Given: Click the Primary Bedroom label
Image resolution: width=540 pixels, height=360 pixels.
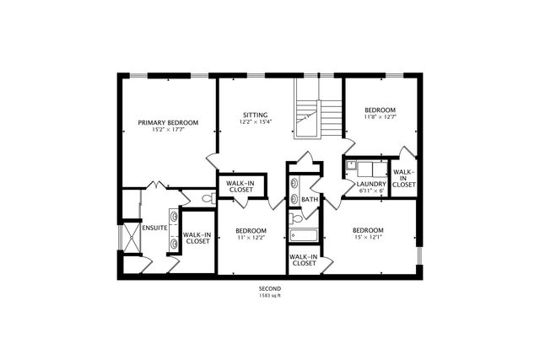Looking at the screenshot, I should [167, 121].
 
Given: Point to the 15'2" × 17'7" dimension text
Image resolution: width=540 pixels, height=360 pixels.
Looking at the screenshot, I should [167, 130].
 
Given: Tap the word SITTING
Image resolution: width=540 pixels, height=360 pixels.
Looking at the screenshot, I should [256, 115].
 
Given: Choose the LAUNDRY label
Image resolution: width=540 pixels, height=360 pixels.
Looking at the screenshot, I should [370, 184].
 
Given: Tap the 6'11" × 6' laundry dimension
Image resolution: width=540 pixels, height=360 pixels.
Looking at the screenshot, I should [370, 191].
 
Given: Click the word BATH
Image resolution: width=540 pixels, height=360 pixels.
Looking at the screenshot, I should [310, 200].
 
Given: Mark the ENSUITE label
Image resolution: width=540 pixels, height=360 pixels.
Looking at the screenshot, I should [154, 228].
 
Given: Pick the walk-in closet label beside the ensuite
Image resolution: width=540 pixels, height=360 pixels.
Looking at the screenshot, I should [197, 239].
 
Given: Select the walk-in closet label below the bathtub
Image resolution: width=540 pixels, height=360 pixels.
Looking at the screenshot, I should [303, 260].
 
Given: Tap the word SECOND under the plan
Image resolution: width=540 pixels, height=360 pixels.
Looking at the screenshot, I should [270, 288].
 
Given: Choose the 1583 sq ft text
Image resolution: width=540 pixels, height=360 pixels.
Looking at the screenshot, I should [270, 295].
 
